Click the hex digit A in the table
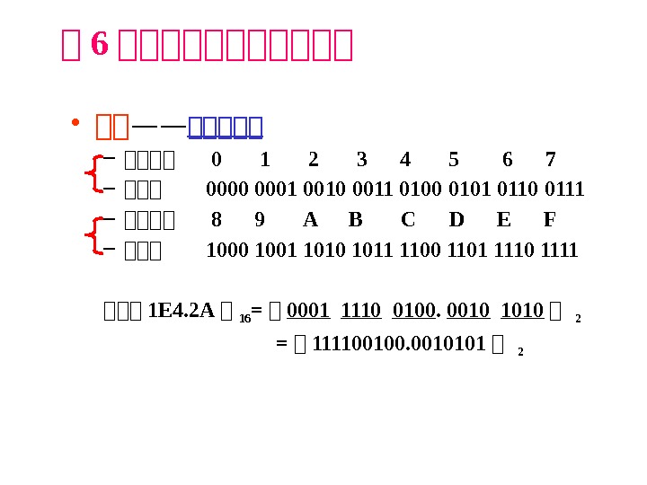311,220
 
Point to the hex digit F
550,220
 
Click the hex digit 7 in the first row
550,160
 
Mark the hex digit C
408,220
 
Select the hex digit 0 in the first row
216,160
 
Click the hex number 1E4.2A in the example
181,311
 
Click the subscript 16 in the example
244,317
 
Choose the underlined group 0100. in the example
415,311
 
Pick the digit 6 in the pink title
100,43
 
